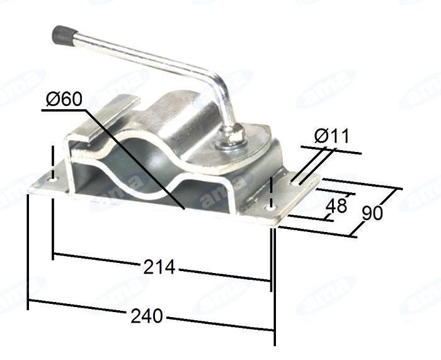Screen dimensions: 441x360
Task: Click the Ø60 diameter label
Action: (x=65, y=100)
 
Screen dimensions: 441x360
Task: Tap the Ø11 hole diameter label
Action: (x=332, y=136)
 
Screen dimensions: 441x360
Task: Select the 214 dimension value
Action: (x=159, y=267)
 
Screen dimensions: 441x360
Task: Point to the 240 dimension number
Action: (x=147, y=316)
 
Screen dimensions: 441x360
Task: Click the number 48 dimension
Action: (x=336, y=206)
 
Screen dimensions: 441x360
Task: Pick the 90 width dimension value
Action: (x=372, y=213)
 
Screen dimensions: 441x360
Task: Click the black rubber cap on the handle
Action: (x=64, y=36)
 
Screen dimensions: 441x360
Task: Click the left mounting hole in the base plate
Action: (x=52, y=180)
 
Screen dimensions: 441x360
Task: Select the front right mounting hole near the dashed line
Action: (x=271, y=209)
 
